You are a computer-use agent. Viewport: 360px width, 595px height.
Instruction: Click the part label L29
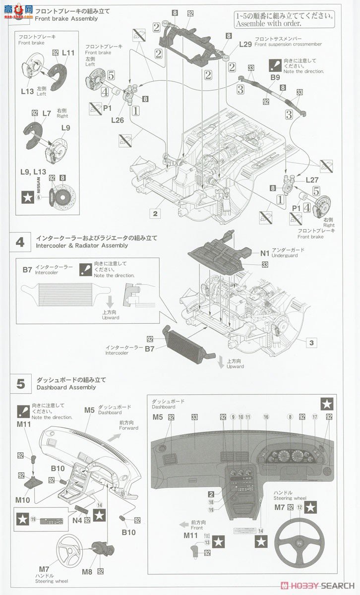click(245, 44)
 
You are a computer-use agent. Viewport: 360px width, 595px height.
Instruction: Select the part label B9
click(276, 77)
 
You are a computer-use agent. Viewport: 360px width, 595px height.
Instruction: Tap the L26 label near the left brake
click(117, 120)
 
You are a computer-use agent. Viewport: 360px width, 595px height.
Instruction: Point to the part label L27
click(312, 180)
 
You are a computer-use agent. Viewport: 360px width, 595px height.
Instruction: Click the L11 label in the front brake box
click(68, 53)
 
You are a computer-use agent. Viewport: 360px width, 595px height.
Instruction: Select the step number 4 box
click(20, 242)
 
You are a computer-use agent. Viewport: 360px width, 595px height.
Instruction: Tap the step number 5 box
click(20, 384)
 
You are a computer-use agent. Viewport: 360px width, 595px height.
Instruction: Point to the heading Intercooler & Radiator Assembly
click(82, 245)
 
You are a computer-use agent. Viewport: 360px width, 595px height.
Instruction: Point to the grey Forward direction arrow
click(115, 437)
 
